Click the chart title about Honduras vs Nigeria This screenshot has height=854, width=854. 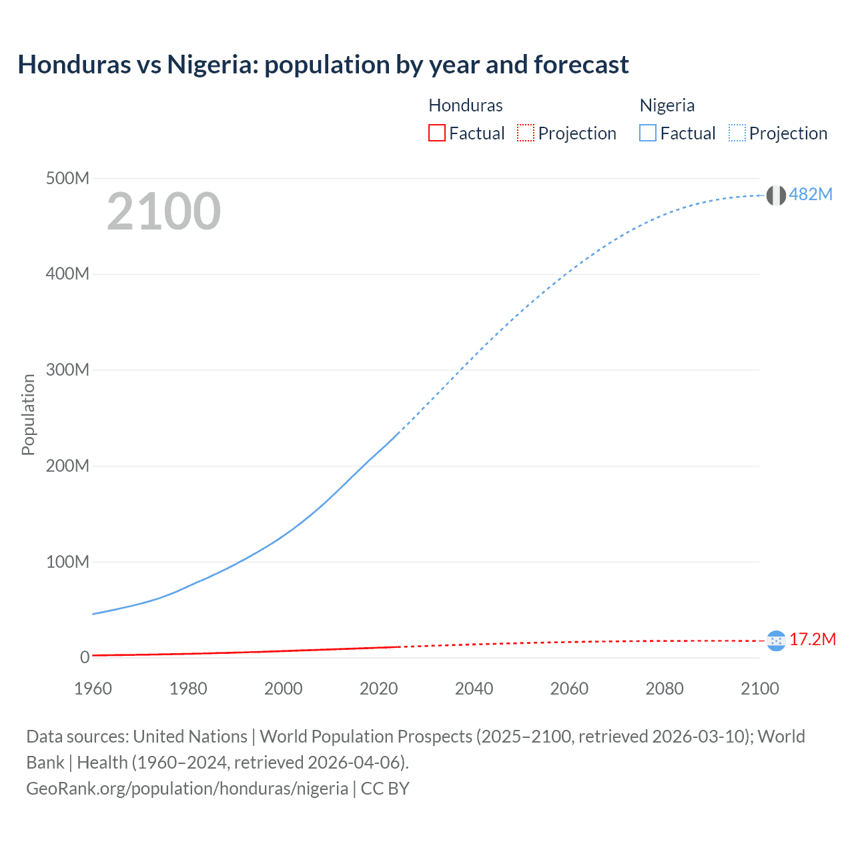(x=323, y=65)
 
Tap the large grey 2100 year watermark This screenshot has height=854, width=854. (x=163, y=211)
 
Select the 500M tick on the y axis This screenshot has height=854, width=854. (x=67, y=179)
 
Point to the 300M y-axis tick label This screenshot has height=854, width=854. (x=67, y=370)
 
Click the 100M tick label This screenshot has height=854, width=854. (x=67, y=562)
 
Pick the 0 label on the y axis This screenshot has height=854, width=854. (x=85, y=658)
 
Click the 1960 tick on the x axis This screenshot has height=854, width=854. (x=93, y=689)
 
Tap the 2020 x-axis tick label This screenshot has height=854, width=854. (x=378, y=689)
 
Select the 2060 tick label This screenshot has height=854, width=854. (x=569, y=689)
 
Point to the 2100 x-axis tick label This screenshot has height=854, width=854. (x=759, y=689)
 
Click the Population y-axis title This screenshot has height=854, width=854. (x=28, y=414)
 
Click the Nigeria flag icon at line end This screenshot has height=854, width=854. (x=776, y=195)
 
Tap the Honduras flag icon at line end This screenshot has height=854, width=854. (x=776, y=641)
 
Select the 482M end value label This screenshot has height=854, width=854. (x=811, y=194)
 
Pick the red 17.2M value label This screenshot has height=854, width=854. (x=813, y=640)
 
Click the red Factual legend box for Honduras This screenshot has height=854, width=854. (x=436, y=133)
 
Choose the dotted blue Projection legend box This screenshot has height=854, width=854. (x=737, y=133)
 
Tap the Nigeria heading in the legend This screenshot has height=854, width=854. (x=667, y=105)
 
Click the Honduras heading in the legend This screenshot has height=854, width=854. (x=466, y=105)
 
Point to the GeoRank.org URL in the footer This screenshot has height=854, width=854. (x=187, y=789)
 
